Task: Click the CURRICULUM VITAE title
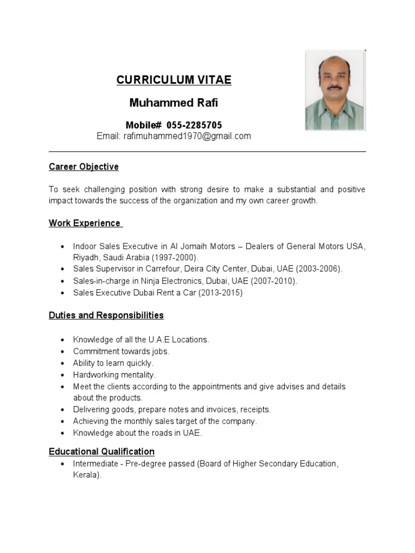(173, 80)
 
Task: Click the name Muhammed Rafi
(173, 103)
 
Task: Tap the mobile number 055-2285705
(193, 125)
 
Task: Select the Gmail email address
(188, 136)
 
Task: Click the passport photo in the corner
(335, 90)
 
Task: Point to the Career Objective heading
(83, 167)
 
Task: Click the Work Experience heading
(85, 223)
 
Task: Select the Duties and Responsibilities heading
(106, 315)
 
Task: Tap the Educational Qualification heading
(102, 451)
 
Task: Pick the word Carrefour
(163, 268)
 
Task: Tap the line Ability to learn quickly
(113, 363)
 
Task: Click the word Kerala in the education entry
(86, 475)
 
